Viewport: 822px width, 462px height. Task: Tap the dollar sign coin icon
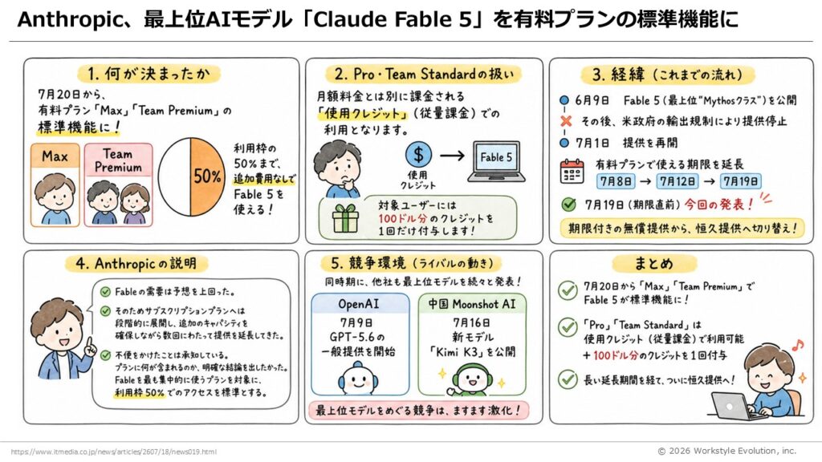(x=418, y=155)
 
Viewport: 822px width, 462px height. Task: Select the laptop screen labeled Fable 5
(x=496, y=158)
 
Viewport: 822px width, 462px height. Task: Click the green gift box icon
(x=345, y=218)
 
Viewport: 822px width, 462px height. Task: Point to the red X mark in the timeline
(x=566, y=121)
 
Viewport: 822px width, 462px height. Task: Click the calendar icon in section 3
(x=572, y=172)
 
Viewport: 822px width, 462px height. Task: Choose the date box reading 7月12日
(x=678, y=181)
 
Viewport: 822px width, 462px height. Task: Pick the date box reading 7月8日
(x=616, y=181)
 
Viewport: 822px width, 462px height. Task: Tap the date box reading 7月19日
(x=740, y=181)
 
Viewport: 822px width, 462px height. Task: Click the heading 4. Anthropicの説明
(x=136, y=263)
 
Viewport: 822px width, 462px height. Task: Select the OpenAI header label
(x=359, y=304)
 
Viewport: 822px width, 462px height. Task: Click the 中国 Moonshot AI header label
(x=472, y=304)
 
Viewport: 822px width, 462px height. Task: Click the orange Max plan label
(x=55, y=156)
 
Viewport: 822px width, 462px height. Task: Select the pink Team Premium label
(x=118, y=160)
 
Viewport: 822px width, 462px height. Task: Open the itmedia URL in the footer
(x=113, y=452)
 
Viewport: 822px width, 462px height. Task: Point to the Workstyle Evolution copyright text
(x=726, y=451)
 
